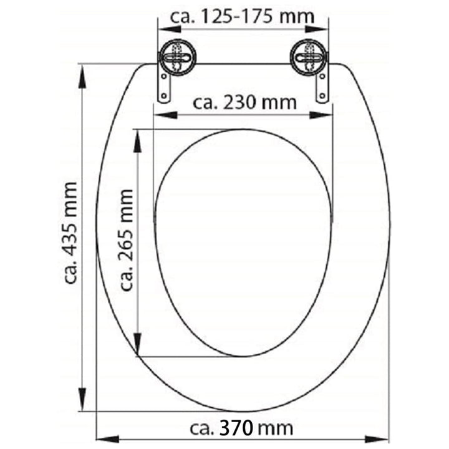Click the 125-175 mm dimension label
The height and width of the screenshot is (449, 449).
(242, 17)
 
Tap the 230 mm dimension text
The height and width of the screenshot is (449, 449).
(245, 103)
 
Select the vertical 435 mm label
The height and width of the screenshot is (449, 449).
(70, 233)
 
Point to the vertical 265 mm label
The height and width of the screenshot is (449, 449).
(126, 240)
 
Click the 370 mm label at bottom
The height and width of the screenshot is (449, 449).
(241, 428)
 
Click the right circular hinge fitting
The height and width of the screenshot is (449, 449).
(309, 58)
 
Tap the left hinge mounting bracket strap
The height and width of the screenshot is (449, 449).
(165, 86)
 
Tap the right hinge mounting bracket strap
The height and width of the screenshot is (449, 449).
(322, 86)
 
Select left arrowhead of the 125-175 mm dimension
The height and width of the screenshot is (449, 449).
(170, 29)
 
